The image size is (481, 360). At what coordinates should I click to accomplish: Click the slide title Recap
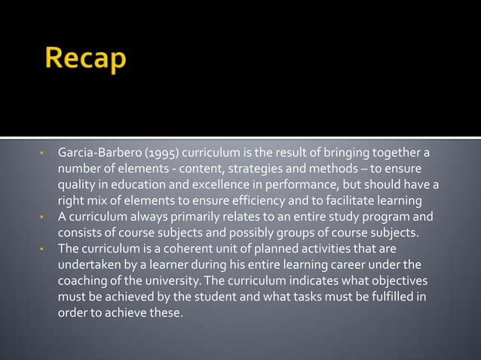(x=84, y=60)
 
